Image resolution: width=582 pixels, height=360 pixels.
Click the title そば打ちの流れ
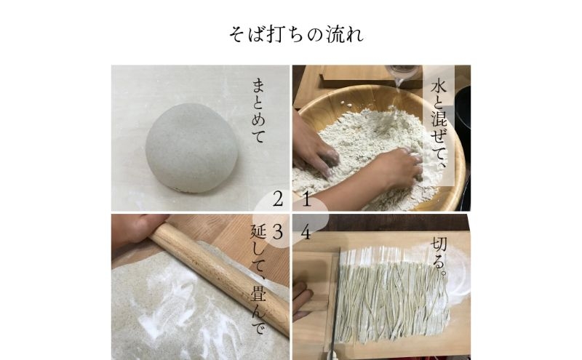click(x=296, y=34)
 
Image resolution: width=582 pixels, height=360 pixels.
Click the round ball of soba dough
click(x=191, y=148)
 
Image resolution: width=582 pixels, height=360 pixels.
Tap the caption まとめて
click(x=259, y=111)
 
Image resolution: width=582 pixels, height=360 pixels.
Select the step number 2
click(x=278, y=200)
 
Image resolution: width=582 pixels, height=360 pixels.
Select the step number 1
click(x=306, y=200)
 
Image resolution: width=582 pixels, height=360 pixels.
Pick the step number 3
click(x=278, y=232)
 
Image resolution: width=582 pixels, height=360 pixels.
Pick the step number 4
click(x=306, y=233)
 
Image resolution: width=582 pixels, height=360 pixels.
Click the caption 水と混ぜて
click(x=439, y=124)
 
